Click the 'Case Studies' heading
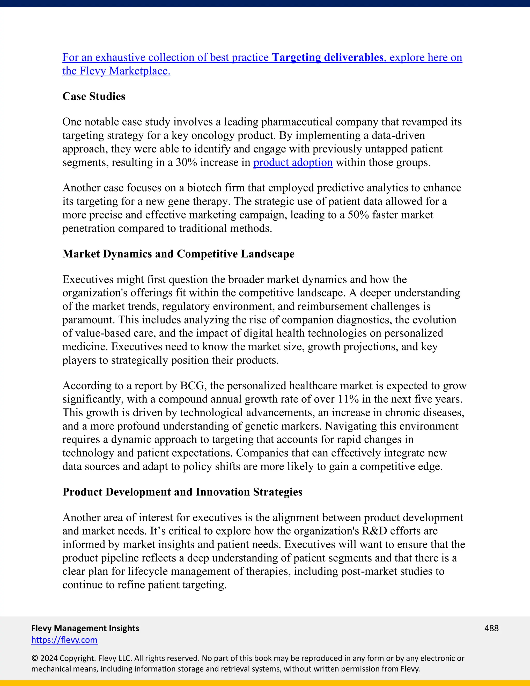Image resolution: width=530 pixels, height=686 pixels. (x=94, y=97)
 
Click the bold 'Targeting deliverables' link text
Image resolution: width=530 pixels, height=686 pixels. (x=327, y=57)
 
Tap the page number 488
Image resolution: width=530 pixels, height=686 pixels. (x=491, y=628)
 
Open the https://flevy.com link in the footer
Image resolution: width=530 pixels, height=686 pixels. (x=64, y=640)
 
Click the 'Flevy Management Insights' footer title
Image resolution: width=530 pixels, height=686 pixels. (x=85, y=628)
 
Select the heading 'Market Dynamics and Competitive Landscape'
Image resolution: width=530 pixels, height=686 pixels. (x=178, y=254)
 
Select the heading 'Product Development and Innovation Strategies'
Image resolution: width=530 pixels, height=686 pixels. (x=182, y=492)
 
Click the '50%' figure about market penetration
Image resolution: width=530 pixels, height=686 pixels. (x=358, y=215)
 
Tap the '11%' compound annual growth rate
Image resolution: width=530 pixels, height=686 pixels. (x=348, y=399)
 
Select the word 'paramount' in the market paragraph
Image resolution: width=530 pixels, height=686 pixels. (x=88, y=320)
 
